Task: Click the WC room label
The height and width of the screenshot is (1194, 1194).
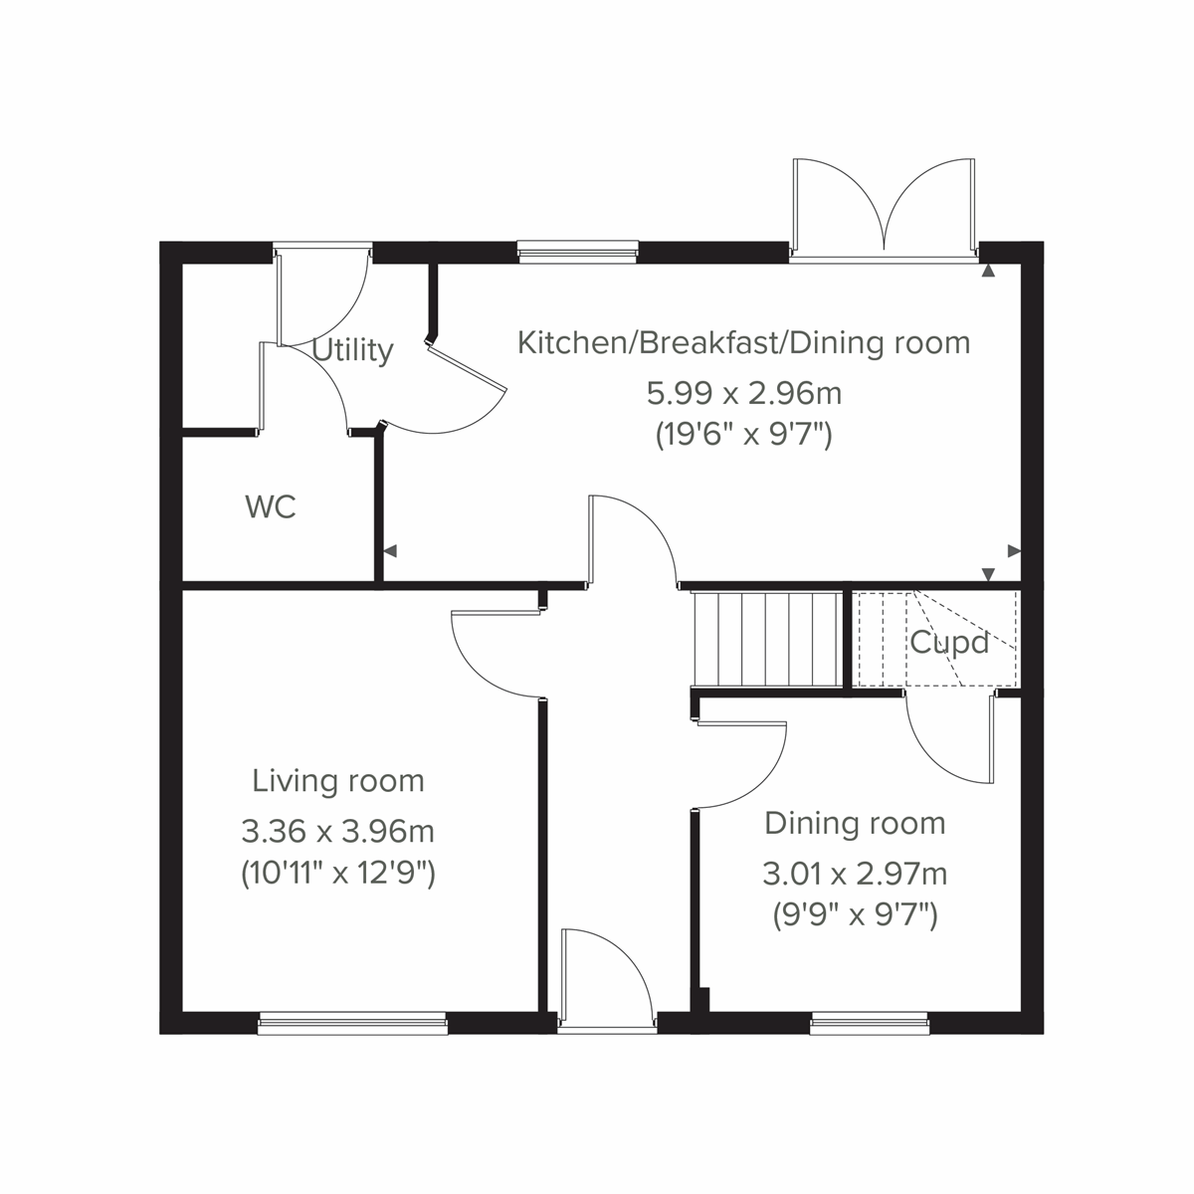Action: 271,507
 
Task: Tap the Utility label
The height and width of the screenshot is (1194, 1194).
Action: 353,350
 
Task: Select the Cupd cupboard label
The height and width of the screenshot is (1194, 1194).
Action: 949,643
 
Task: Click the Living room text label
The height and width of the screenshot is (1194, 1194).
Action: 338,781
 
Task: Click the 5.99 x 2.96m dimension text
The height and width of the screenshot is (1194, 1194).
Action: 744,393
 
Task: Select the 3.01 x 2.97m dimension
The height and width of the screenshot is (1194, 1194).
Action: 855,874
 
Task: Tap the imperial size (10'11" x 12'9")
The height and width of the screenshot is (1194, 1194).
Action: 338,874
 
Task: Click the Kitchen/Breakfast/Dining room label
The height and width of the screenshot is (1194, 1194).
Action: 744,343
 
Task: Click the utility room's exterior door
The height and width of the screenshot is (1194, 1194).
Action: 323,294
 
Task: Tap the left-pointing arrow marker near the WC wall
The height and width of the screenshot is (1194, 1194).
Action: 390,550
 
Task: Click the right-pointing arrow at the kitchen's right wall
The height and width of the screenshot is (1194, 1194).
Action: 1014,550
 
